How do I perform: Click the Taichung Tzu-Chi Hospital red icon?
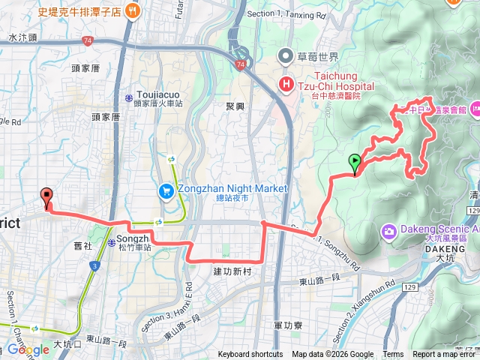click(286, 84)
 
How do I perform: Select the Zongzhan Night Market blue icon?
click(165, 191)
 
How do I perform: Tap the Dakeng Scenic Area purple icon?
click(389, 229)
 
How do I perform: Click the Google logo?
click(28, 349)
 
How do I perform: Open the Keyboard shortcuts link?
click(250, 355)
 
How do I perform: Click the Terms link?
click(393, 355)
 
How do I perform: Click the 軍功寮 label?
click(287, 325)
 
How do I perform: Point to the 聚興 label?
click(235, 106)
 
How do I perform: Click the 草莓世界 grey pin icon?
click(286, 55)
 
